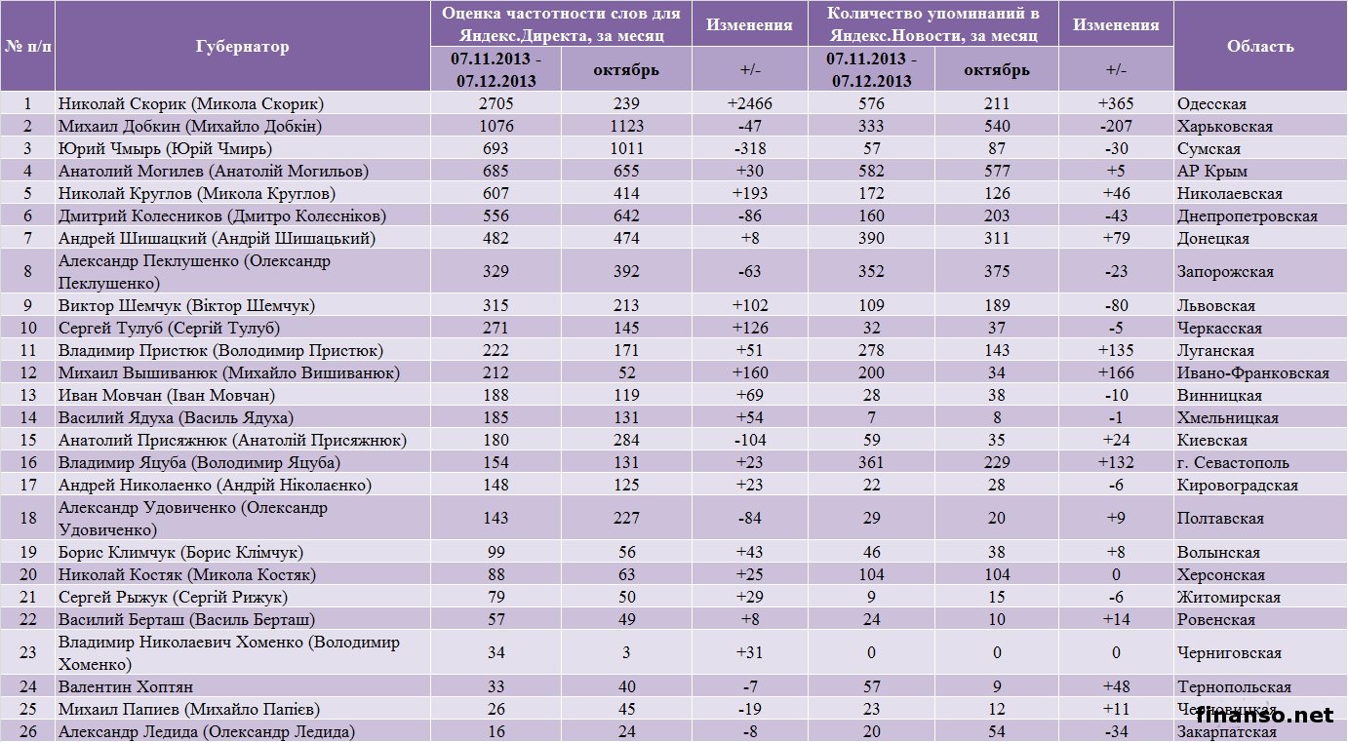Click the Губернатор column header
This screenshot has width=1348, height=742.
242,46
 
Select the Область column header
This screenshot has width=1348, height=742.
1260,46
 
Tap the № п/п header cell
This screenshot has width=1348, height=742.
27,46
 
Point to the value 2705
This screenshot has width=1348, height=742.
496,103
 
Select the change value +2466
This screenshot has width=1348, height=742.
749,103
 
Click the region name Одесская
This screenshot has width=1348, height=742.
1211,103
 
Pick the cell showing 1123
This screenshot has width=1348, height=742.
626,126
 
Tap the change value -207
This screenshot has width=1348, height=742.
1116,126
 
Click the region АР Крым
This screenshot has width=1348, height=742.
1212,171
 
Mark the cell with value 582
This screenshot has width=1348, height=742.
871,171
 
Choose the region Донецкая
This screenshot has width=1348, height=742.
1213,238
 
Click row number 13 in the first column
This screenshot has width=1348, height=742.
27,395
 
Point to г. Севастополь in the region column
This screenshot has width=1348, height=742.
1233,462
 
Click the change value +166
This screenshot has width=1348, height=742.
1116,372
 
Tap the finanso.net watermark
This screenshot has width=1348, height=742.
1264,715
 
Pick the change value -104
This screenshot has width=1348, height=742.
749,440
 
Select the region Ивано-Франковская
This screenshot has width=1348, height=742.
1252,372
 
